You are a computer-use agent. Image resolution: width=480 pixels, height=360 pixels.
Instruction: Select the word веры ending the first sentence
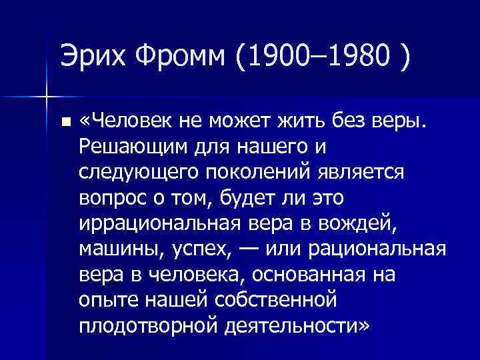click(x=397, y=121)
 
